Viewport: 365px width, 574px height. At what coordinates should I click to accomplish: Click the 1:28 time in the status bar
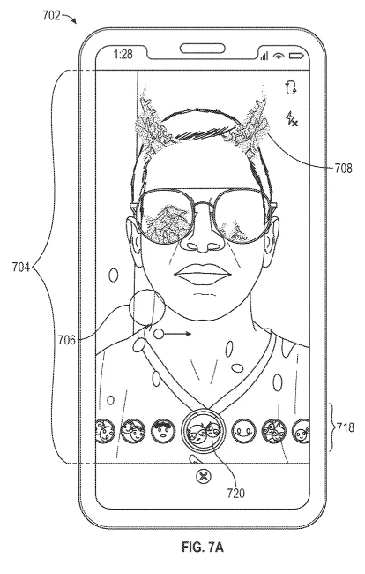(x=123, y=55)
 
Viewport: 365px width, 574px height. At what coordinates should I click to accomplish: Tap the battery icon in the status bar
(x=296, y=56)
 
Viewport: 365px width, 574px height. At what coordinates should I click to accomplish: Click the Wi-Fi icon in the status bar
(x=279, y=56)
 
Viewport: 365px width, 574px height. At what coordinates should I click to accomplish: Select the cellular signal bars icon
(x=264, y=56)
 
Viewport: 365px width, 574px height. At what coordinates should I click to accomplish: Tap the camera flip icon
(x=291, y=88)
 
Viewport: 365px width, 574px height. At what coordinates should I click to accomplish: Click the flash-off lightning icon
(x=292, y=118)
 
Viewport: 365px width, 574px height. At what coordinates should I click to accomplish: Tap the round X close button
(x=203, y=476)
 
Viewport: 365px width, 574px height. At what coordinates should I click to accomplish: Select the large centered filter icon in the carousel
(x=203, y=431)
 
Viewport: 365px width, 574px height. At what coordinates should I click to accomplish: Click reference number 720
(x=235, y=494)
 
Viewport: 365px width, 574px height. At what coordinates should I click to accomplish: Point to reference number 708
(x=344, y=168)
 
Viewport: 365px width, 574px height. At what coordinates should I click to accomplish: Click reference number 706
(x=66, y=340)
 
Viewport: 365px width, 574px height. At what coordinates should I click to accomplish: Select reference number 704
(x=21, y=268)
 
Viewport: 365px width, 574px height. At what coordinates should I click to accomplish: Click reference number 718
(x=346, y=427)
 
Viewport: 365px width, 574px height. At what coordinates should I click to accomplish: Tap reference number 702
(x=51, y=16)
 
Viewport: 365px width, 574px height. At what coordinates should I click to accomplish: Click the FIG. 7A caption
(x=203, y=548)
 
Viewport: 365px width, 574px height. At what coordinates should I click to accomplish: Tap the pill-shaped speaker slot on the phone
(x=203, y=49)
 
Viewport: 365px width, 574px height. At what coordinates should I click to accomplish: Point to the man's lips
(x=203, y=275)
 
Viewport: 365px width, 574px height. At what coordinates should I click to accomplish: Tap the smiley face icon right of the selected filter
(x=243, y=431)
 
